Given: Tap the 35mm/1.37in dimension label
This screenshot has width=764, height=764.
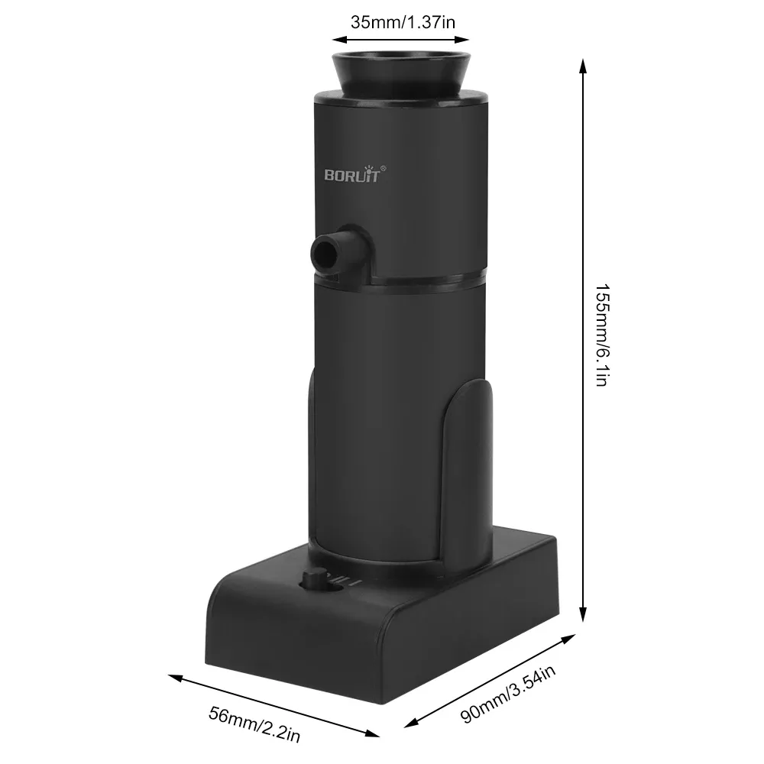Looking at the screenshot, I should point(403,21).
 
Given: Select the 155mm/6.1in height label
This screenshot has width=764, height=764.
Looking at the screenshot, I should point(601,335).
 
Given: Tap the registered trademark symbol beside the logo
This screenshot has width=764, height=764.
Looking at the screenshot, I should point(384,167).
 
